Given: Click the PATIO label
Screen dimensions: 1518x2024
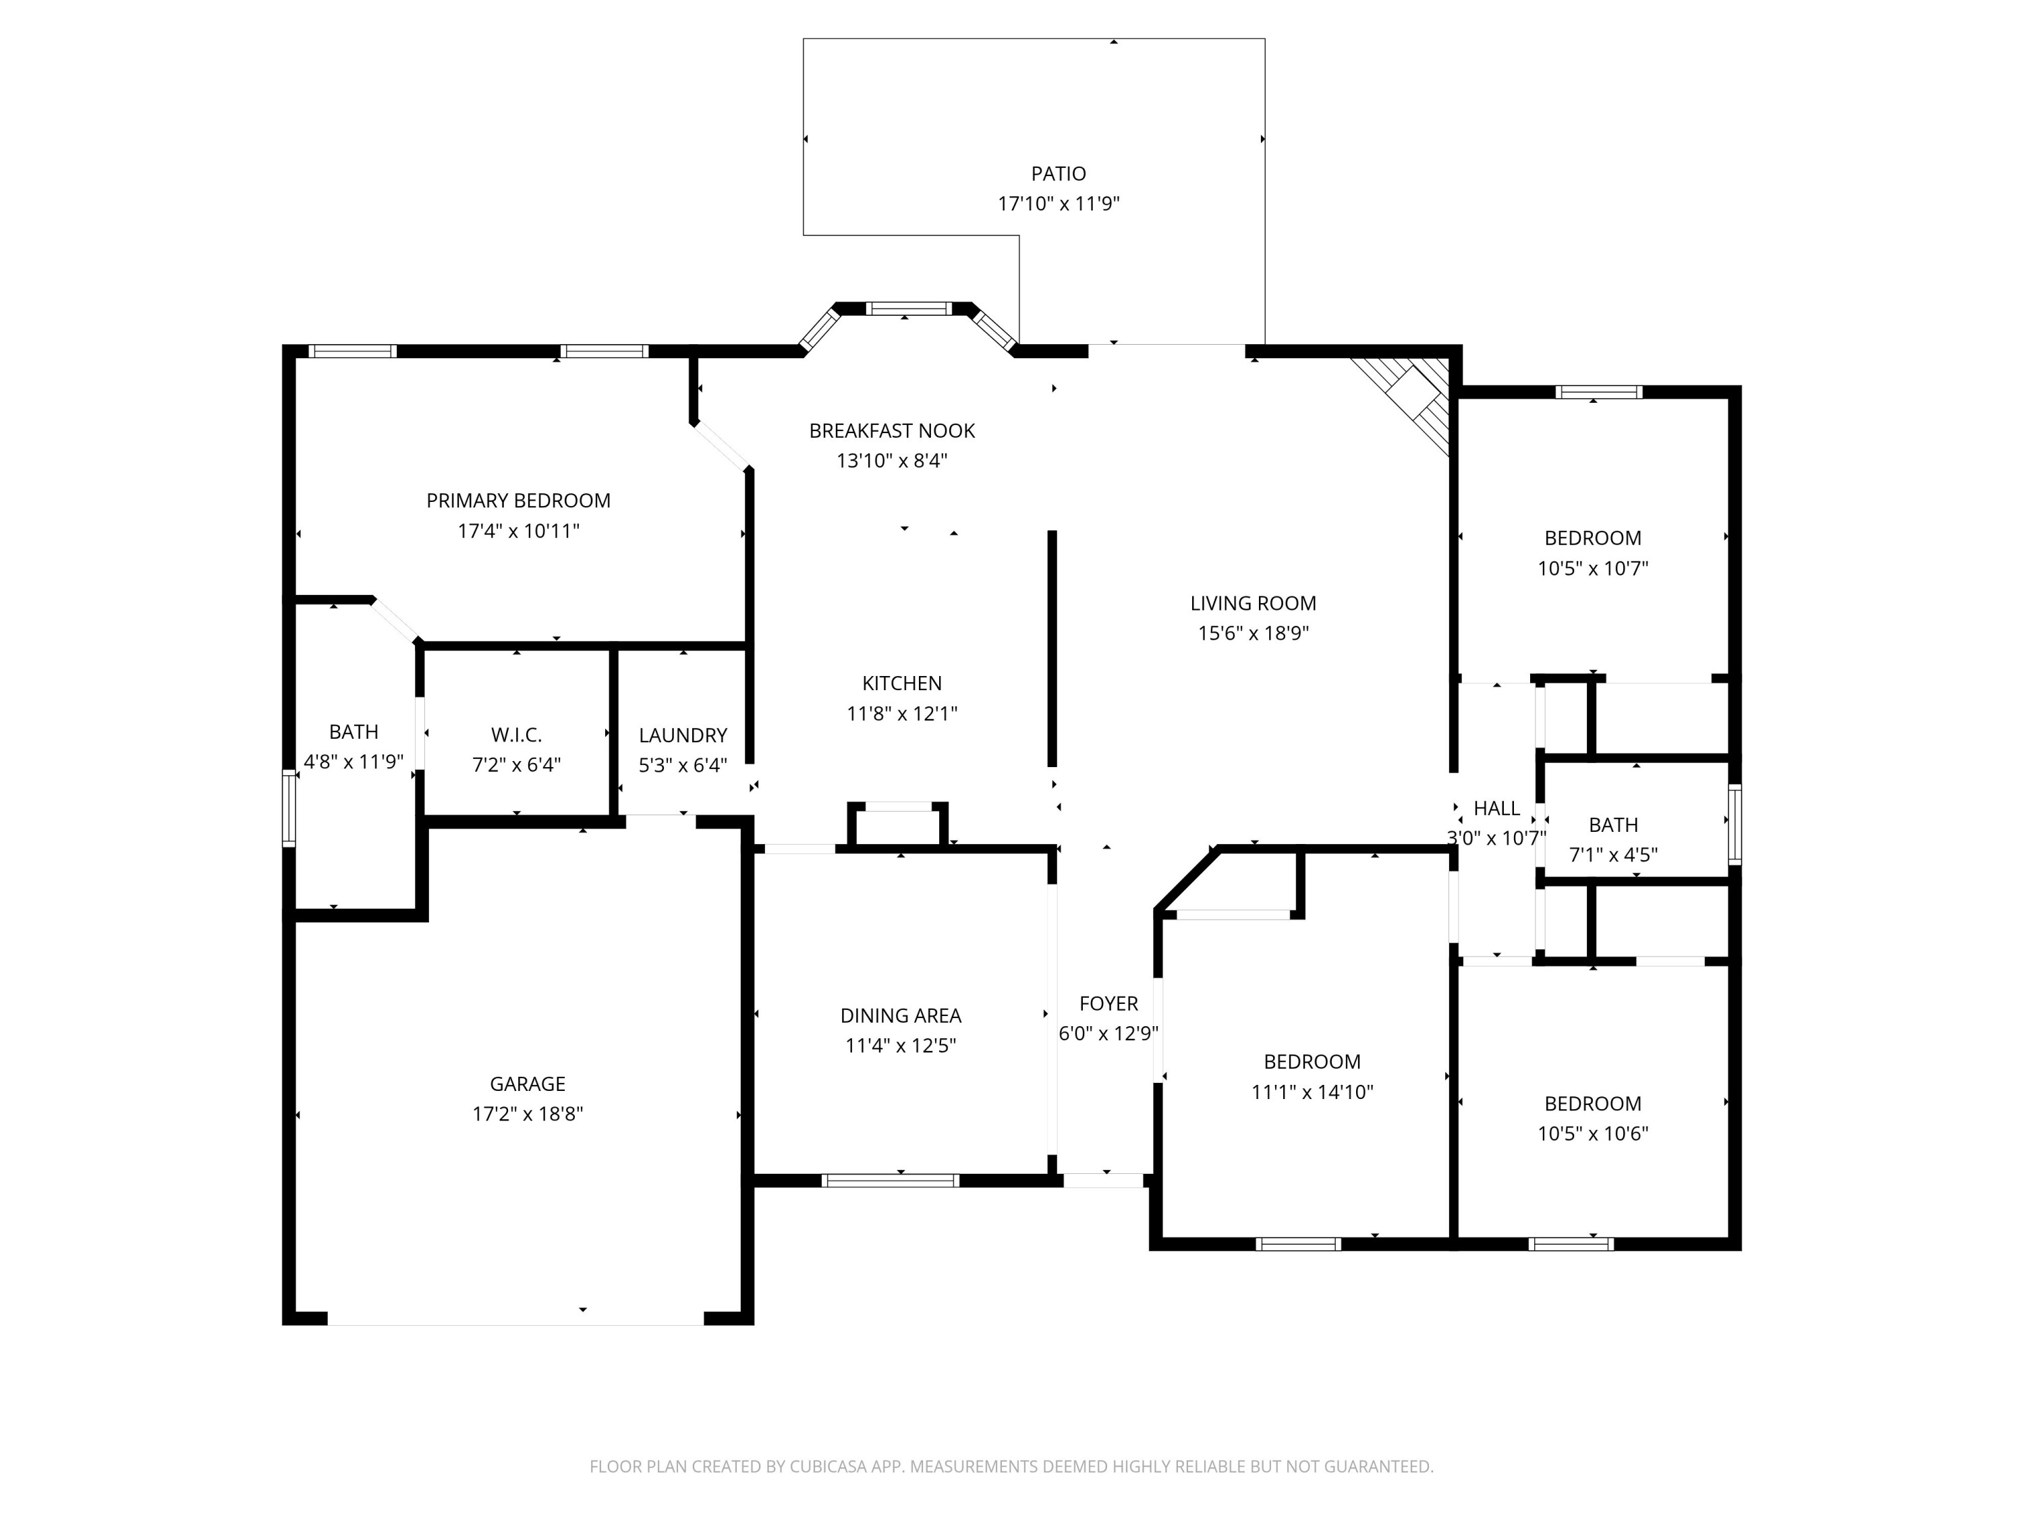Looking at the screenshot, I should [1058, 174].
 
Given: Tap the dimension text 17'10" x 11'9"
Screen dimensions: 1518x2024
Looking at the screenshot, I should [1058, 204].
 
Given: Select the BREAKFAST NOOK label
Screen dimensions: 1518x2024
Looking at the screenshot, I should [891, 431].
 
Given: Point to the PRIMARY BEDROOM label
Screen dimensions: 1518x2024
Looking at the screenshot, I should [518, 501].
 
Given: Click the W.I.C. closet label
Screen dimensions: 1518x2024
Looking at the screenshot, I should [516, 735].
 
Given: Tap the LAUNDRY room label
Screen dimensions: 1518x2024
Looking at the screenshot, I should [683, 735].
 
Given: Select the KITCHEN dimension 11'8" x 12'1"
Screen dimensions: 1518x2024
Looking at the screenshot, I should [901, 714].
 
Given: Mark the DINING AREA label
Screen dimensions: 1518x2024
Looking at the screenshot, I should [901, 1015].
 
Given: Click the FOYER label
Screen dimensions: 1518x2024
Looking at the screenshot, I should [1108, 1004].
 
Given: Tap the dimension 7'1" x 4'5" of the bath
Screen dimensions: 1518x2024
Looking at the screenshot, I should [1613, 855].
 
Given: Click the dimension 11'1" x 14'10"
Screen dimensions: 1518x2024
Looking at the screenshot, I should [1312, 1092].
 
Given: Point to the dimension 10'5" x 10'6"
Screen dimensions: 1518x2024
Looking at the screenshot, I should [1592, 1133].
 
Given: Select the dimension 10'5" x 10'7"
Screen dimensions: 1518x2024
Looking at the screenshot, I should [1592, 568].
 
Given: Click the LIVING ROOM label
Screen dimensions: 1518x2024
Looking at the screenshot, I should [1253, 604].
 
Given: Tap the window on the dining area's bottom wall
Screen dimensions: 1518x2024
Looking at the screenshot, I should [891, 1181].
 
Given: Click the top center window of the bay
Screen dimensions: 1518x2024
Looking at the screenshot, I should [909, 308].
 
